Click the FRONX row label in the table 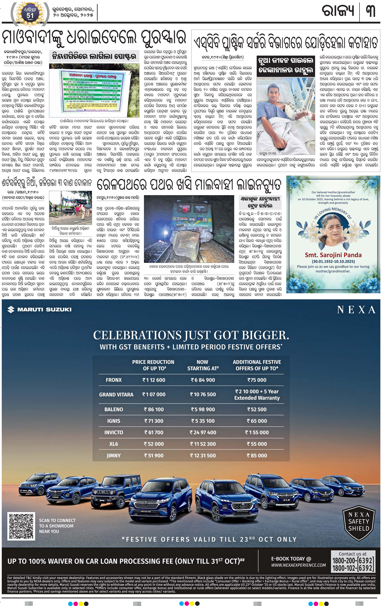coord(114,380)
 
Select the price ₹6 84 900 coord(203,380)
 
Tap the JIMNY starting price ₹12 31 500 coord(203,455)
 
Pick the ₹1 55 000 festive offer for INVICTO coord(257,432)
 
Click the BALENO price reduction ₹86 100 coord(154,409)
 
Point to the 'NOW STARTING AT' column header coord(203,365)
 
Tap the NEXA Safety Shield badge coord(358,522)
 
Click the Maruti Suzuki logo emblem coord(11,309)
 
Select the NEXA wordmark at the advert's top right coord(356,310)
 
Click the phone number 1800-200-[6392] coord(352,560)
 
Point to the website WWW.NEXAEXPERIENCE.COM coord(298,565)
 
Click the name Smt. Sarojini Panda coord(333,255)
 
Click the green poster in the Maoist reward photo coord(92,91)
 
